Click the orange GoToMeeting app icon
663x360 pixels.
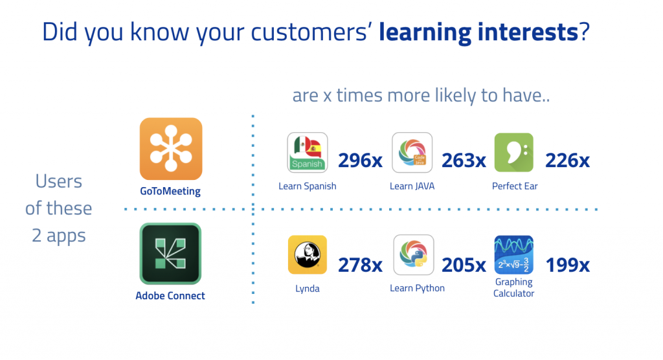tap(171, 149)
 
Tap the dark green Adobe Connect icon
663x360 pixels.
tap(170, 253)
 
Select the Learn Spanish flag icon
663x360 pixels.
tap(308, 152)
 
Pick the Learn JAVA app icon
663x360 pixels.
tap(412, 152)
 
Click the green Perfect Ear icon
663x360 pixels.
tap(513, 152)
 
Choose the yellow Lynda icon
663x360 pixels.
tap(308, 254)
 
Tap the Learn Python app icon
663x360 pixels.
tap(414, 254)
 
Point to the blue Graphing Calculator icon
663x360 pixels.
tap(513, 254)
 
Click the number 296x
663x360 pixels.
tap(360, 161)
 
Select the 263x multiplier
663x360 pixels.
tap(464, 161)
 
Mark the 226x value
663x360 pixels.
tap(567, 161)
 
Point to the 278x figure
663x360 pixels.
tap(360, 265)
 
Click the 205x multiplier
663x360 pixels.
tap(464, 265)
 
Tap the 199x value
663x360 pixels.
tap(567, 265)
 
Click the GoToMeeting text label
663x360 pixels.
tap(170, 191)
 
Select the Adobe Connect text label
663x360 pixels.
tap(170, 296)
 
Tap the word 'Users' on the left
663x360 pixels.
tap(59, 181)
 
